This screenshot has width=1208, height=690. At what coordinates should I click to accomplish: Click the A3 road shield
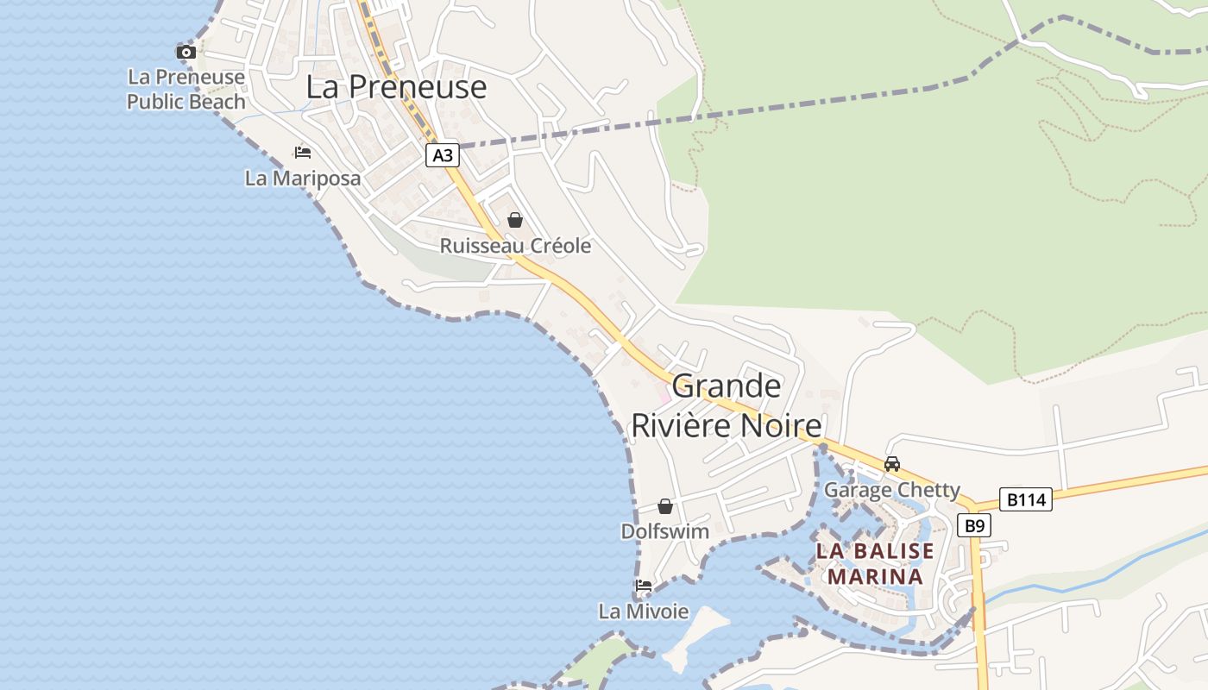click(442, 155)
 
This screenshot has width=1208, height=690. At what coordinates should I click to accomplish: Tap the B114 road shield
click(1026, 499)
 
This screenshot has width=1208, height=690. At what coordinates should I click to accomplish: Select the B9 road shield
click(974, 525)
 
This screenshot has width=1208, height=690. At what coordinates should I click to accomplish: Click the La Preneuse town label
click(396, 87)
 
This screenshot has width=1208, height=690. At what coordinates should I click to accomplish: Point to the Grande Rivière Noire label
click(727, 405)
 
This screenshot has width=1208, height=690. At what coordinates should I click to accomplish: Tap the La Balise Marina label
click(875, 563)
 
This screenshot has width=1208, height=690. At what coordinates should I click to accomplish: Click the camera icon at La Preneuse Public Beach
click(186, 52)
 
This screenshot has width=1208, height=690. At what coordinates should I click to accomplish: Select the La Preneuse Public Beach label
click(186, 90)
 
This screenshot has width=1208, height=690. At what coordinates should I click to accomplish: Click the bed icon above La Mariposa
click(302, 153)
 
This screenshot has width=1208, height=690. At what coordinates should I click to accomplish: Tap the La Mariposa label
click(302, 179)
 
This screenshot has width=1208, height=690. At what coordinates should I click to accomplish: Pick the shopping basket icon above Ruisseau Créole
click(515, 220)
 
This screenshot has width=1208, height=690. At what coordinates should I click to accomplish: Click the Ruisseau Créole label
click(515, 246)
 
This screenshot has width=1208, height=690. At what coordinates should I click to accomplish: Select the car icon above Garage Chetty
click(892, 464)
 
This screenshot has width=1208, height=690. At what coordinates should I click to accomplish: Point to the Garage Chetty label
click(891, 490)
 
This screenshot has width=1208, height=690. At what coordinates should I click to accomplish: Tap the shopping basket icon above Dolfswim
click(664, 506)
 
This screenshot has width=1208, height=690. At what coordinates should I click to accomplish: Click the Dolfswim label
click(664, 531)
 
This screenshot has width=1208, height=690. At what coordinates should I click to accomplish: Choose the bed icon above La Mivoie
click(644, 586)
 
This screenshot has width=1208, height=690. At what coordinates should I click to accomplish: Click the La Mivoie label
click(644, 612)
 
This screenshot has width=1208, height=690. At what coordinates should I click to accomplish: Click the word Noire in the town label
click(778, 425)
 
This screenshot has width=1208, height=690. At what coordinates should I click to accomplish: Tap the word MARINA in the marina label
click(875, 575)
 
